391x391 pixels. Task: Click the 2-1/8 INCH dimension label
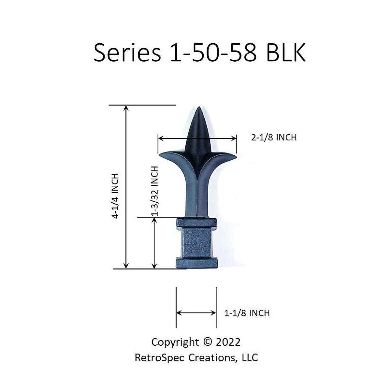point(274,138)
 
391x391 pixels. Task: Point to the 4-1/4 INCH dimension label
point(115,196)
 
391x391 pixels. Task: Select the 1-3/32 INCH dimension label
point(155,191)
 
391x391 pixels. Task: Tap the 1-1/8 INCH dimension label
point(247,313)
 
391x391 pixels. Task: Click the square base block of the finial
point(196,243)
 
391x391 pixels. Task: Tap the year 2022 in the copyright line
point(228,342)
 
